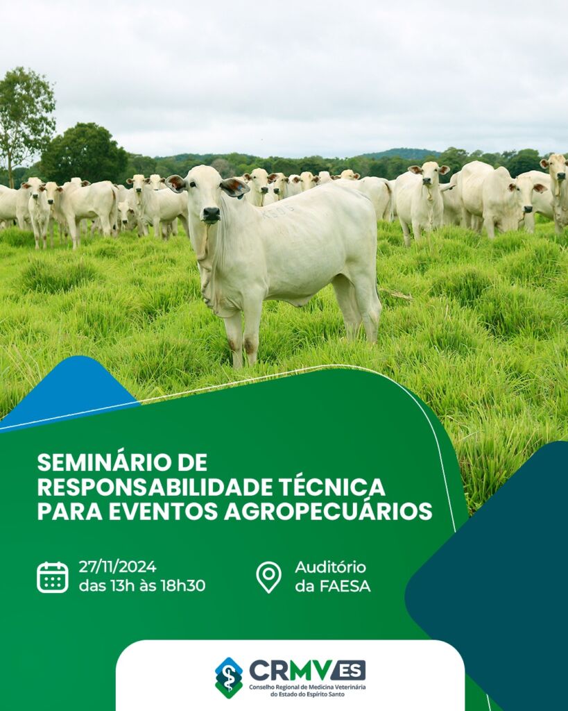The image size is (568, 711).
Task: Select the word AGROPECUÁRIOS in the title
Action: (x=328, y=511)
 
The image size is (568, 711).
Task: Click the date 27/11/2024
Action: (x=117, y=567)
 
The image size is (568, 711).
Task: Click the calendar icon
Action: (x=53, y=577)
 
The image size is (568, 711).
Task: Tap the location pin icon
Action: (x=268, y=577)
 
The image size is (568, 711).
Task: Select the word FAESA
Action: (x=345, y=586)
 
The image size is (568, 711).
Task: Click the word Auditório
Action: (x=330, y=567)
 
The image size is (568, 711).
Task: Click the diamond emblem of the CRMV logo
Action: (x=229, y=678)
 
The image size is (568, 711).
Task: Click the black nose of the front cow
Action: (x=211, y=214)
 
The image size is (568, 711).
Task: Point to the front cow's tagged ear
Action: (x=234, y=187)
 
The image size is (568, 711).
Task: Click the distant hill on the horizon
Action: (x=403, y=153)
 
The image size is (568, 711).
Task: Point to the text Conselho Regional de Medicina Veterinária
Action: (x=307, y=687)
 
